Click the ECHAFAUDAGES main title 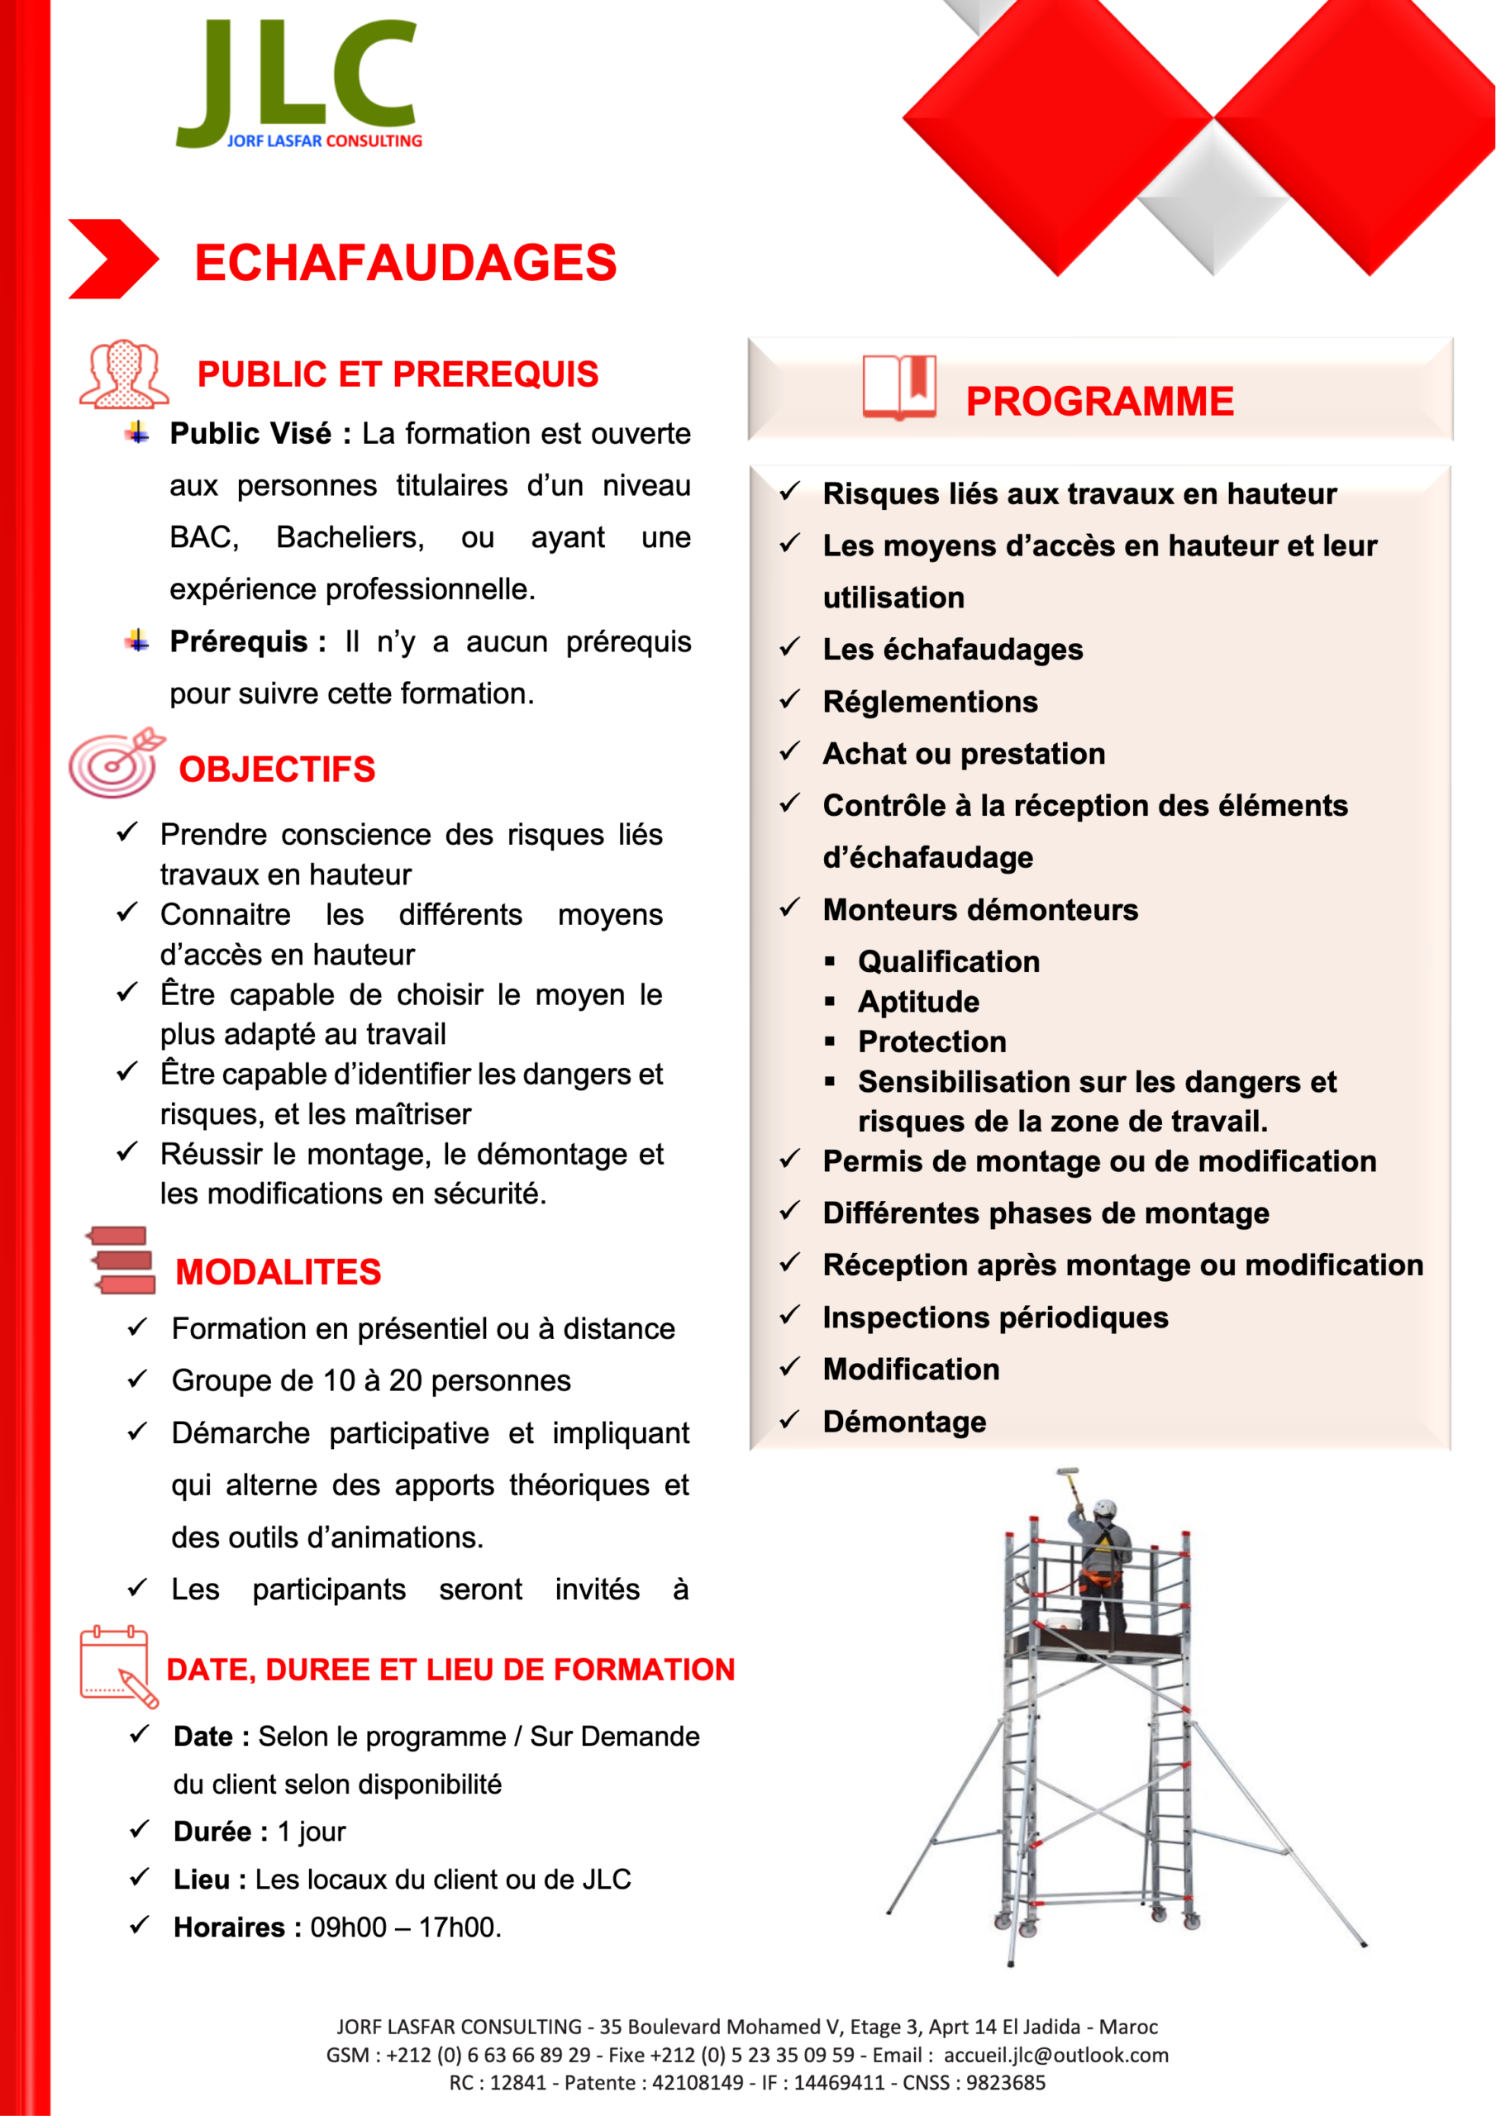click(x=405, y=263)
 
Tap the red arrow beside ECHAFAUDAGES click(x=112, y=259)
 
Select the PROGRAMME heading click(x=1098, y=402)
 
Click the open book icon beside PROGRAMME click(x=898, y=387)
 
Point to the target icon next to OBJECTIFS click(x=115, y=763)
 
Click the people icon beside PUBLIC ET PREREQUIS click(x=123, y=374)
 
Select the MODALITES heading click(x=278, y=1272)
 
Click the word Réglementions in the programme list click(x=929, y=703)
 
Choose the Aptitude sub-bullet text click(x=918, y=1002)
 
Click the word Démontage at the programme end click(x=903, y=1422)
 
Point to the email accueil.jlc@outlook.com click(x=1055, y=2055)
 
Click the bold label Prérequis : click(x=247, y=641)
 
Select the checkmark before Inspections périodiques click(x=789, y=1316)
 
